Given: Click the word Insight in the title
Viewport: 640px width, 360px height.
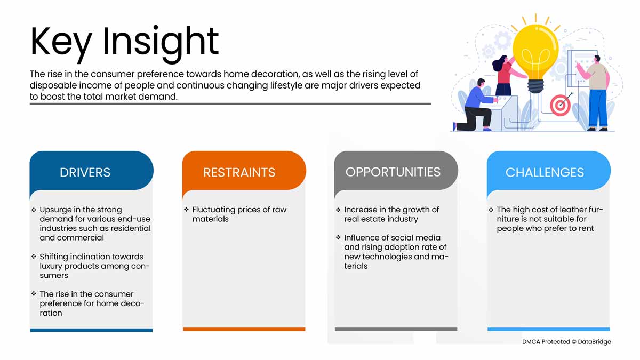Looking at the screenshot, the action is (x=161, y=43).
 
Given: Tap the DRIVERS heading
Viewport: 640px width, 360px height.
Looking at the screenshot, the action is (x=85, y=172).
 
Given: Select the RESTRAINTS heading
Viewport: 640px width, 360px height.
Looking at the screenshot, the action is (x=239, y=172).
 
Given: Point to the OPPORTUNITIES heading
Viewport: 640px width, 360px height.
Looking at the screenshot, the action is (x=393, y=172).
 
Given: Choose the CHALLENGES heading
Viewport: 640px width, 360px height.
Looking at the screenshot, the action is (x=545, y=172).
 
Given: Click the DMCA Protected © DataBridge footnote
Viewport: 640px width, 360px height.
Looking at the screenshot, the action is (x=566, y=342).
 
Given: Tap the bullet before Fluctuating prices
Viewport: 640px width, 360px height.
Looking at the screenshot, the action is (x=187, y=210).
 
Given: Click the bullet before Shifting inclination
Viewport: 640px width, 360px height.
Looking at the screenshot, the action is (x=34, y=257).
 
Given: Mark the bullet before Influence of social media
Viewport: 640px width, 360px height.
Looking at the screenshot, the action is (x=338, y=237).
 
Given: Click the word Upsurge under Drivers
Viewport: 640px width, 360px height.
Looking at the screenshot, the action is (x=55, y=210).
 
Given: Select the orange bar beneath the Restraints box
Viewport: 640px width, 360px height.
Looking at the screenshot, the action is (x=244, y=329).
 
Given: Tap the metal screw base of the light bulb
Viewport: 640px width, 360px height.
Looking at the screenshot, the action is (x=535, y=86).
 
